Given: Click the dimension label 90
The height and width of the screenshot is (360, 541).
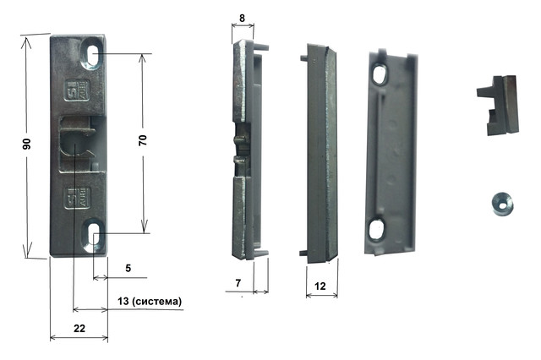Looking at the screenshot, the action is [x=27, y=144].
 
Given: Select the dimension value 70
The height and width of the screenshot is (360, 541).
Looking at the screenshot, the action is [x=143, y=140].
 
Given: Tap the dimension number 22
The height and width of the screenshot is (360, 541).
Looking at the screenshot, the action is [x=79, y=328].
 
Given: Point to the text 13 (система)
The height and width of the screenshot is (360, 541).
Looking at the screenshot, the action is [x=150, y=301].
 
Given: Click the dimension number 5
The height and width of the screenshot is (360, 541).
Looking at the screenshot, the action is [x=128, y=268].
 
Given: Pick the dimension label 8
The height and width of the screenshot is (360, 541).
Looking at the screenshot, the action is [x=242, y=18].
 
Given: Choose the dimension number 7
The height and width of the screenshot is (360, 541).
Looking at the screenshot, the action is [x=238, y=283].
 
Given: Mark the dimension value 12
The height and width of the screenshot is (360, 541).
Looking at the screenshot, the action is [x=320, y=286].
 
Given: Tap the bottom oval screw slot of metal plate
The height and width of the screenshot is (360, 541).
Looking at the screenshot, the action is [x=93, y=234].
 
